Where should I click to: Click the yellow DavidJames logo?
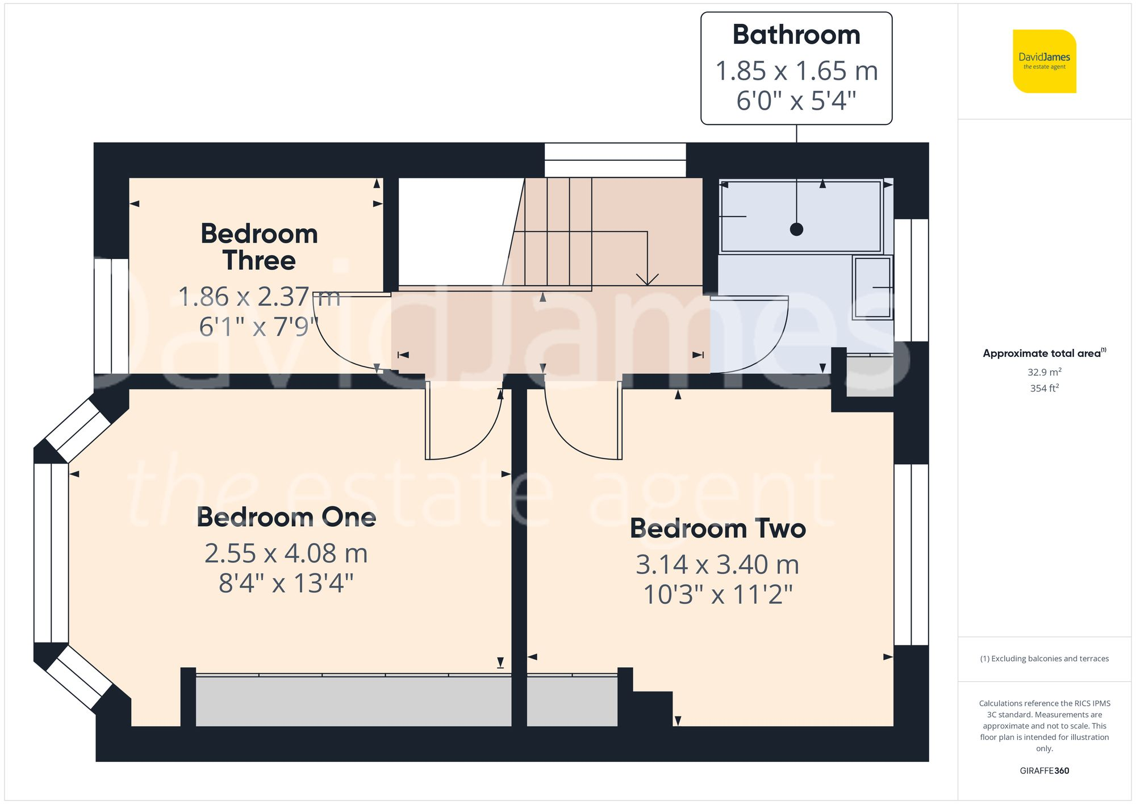[1044, 61]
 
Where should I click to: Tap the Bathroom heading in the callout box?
[796, 35]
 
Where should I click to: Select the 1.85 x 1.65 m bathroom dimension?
[796, 72]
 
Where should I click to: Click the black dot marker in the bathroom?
[796, 230]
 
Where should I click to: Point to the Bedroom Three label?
[259, 247]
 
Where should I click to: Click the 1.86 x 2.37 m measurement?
[259, 297]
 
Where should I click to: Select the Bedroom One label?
[286, 518]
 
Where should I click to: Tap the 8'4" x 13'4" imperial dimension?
[286, 584]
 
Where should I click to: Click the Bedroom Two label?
[717, 529]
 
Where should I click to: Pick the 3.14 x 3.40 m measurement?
[717, 565]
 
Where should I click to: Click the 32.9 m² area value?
[1044, 372]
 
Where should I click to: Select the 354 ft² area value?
[1044, 388]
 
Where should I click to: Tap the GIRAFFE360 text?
[1044, 770]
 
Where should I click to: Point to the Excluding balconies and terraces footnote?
[1044, 659]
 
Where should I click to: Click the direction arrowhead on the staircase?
[647, 280]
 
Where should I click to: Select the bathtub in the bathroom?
[800, 216]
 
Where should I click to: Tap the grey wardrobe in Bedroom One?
[352, 701]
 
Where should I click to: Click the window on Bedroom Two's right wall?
[911, 554]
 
